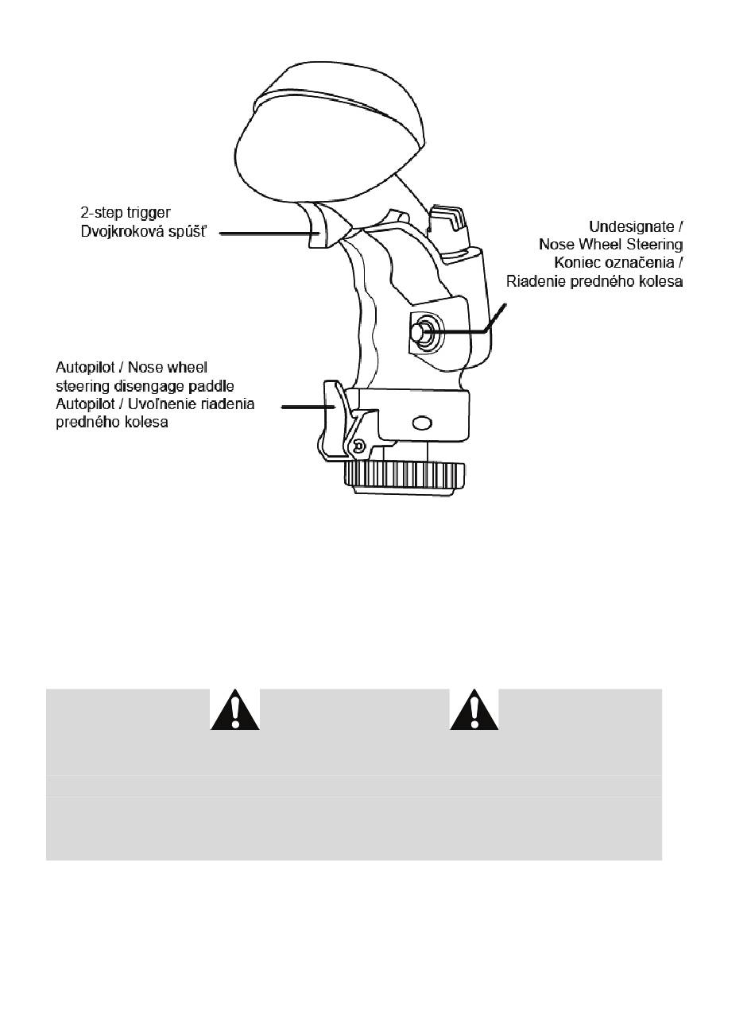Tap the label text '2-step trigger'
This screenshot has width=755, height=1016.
pos(125,214)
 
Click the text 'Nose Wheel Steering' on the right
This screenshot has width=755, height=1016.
pos(610,245)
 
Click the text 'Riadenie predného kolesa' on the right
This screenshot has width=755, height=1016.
pos(594,282)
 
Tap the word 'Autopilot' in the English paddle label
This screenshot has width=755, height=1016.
pos(84,367)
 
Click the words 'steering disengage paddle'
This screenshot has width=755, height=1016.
pos(145,385)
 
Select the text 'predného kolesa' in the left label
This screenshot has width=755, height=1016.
pos(112,422)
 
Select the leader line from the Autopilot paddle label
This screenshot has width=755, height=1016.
pos(302,405)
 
